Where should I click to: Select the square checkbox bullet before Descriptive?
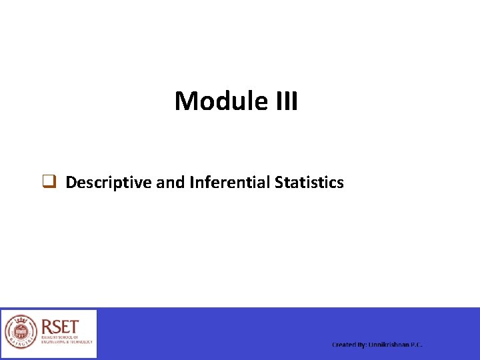[x=49, y=182]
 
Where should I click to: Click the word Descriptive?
[x=109, y=183]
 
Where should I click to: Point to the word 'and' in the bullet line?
[x=170, y=183]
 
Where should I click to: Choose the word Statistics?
[x=309, y=183]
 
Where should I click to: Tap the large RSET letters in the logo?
[x=60, y=327]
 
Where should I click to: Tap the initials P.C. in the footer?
[x=417, y=345]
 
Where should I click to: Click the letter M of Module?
[x=185, y=101]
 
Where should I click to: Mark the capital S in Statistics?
[x=278, y=183]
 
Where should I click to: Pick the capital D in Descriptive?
[x=70, y=183]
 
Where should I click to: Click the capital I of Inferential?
[x=191, y=183]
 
